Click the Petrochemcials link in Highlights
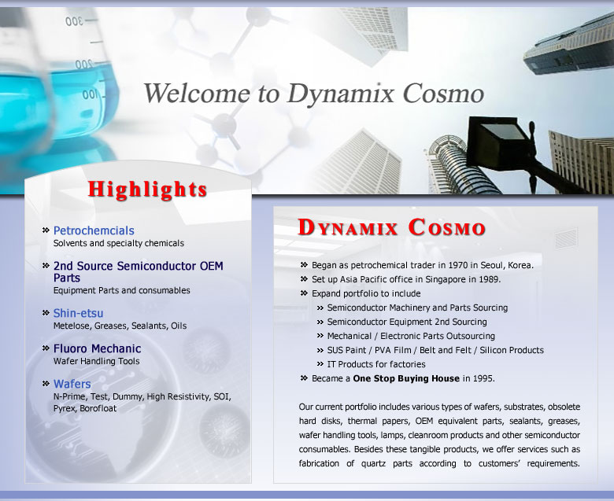tap(94, 230)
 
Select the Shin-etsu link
tap(78, 313)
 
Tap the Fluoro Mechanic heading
tap(97, 348)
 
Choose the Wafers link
tap(72, 384)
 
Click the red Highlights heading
tap(148, 190)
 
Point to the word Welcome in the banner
tap(197, 94)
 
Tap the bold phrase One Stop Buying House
tap(406, 378)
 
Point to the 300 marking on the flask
tap(74, 20)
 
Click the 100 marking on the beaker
tap(89, 95)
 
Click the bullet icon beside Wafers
tap(46, 384)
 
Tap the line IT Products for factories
tap(376, 364)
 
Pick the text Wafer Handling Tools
tap(96, 361)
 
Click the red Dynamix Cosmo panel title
tap(391, 227)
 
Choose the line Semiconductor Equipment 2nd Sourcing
tap(407, 322)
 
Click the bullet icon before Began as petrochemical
tap(304, 265)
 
